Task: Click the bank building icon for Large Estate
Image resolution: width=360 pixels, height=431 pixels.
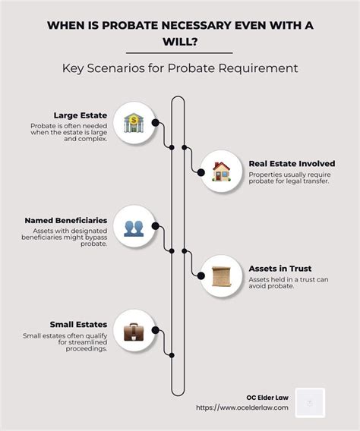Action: (134, 123)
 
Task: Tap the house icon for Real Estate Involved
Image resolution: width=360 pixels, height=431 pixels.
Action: (221, 171)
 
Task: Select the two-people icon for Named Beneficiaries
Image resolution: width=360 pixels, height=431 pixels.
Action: (134, 228)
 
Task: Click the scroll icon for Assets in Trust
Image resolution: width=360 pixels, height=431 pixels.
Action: (221, 276)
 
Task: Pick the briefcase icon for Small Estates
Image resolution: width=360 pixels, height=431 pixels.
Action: (134, 332)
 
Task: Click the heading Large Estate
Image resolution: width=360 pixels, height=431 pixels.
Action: (81, 115)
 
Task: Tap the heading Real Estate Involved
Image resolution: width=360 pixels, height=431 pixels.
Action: (292, 164)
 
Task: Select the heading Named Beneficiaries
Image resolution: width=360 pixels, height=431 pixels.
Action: (66, 221)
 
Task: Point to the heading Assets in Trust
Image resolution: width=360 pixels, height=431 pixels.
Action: (280, 269)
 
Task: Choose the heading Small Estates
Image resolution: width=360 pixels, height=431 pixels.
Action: (78, 324)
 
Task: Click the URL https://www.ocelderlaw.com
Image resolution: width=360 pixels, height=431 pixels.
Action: (242, 407)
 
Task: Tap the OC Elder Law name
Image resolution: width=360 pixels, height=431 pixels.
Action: (267, 398)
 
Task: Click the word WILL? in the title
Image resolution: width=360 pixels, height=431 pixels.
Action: (180, 42)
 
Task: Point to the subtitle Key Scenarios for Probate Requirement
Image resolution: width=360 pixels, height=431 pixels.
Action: (180, 68)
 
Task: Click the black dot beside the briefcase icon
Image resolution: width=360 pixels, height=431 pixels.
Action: (156, 330)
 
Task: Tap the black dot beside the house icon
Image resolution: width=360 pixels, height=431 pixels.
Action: (201, 172)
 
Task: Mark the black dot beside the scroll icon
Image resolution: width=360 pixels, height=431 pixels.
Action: (201, 275)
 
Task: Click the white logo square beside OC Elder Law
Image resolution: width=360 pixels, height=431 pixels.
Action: (310, 403)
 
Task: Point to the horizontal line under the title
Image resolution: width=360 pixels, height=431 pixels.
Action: (179, 53)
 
